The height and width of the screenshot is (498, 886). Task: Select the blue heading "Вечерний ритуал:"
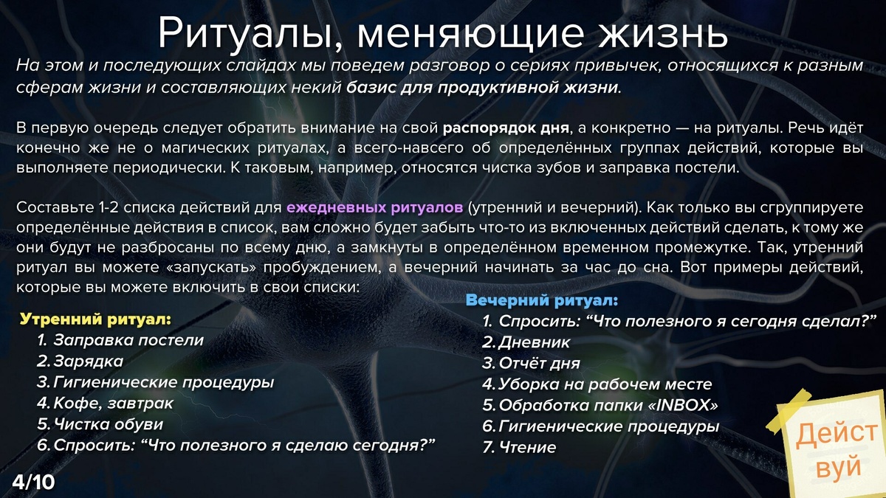[541, 301]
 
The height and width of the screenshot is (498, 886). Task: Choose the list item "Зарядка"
[89, 362]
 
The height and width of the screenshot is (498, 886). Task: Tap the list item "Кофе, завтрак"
[114, 404]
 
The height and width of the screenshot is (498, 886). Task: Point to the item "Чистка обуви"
[109, 424]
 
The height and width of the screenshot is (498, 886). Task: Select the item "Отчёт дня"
[539, 363]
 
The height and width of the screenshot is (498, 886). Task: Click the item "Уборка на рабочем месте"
[605, 384]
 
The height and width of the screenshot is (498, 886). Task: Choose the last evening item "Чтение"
[527, 447]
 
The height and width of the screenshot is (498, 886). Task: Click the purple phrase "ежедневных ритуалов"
[375, 206]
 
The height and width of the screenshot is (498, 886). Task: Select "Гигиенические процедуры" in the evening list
[609, 426]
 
